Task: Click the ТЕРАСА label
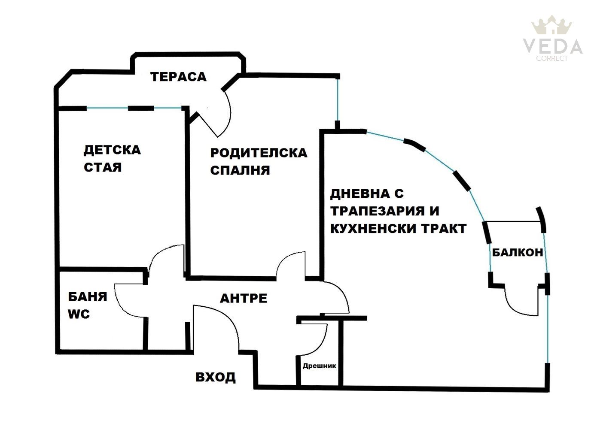point(178,77)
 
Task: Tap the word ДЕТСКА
point(112,150)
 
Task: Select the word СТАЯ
point(103,167)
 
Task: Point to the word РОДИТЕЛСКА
point(259,153)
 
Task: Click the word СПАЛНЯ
point(240,170)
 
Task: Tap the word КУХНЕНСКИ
point(374,229)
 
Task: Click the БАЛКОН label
point(518,252)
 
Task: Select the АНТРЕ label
point(244,298)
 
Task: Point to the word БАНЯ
point(88,297)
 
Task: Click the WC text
point(79,314)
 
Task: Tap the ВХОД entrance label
point(216,377)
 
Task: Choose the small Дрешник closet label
point(319,366)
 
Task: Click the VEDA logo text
point(552,46)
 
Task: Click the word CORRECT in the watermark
point(552,58)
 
